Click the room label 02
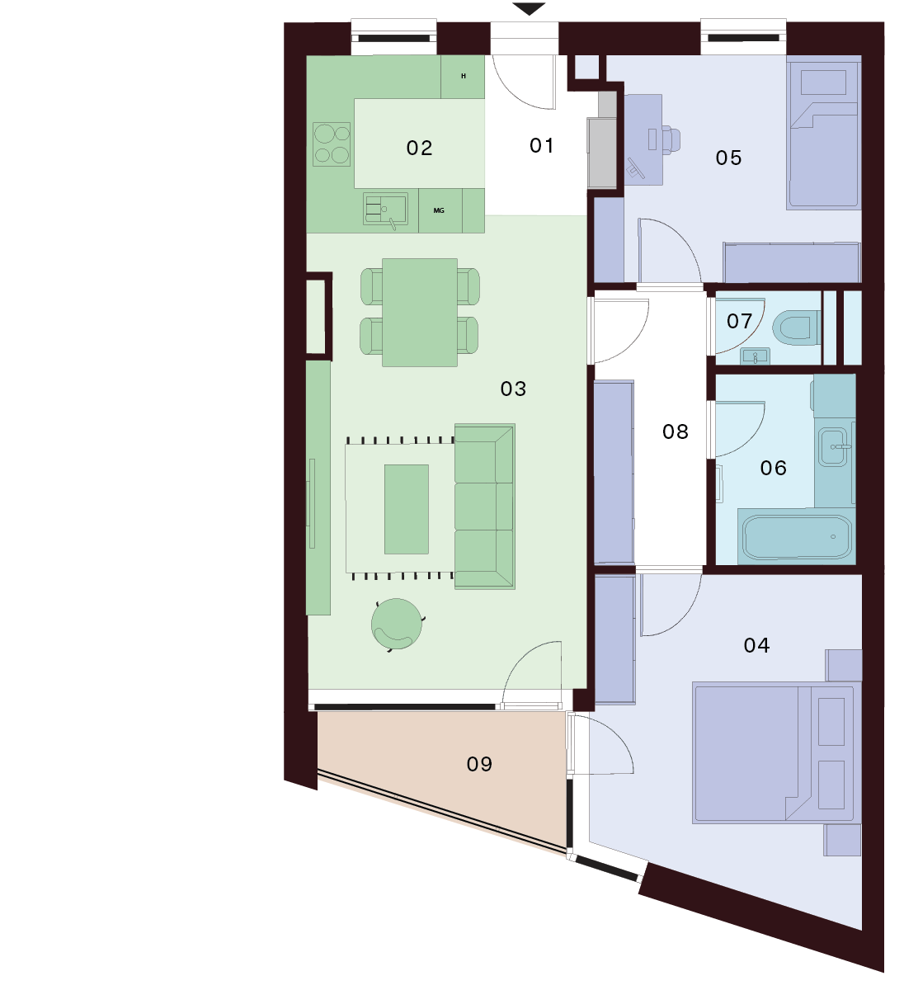[419, 148]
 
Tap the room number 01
[541, 145]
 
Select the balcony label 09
[479, 764]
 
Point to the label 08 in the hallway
[675, 431]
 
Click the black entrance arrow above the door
[529, 8]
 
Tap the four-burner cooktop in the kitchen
[332, 144]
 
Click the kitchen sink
[385, 209]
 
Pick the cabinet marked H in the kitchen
[463, 77]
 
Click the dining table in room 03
[420, 313]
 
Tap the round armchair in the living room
[398, 625]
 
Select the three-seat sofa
[484, 507]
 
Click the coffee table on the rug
[407, 509]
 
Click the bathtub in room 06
[797, 537]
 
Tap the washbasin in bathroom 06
[833, 447]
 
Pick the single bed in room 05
[823, 132]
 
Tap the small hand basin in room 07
[755, 356]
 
